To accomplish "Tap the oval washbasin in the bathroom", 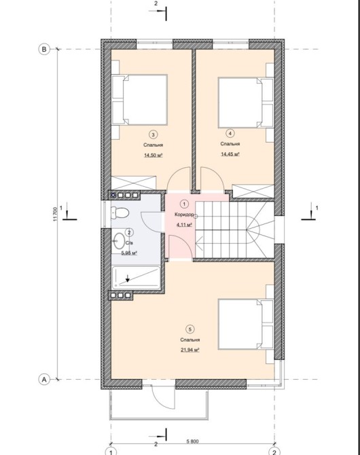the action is pyautogui.click(x=119, y=240).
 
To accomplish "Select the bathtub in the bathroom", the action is pyautogui.click(x=136, y=278).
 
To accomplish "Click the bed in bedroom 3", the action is pyautogui.click(x=140, y=100).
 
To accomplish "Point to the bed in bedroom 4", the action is pyautogui.click(x=246, y=103).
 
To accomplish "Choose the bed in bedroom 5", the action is pyautogui.click(x=246, y=324).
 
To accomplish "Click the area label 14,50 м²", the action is pyautogui.click(x=153, y=156).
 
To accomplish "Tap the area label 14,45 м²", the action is pyautogui.click(x=230, y=154).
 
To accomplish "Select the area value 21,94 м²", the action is pyautogui.click(x=190, y=350).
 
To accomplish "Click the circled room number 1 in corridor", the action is pyautogui.click(x=184, y=204).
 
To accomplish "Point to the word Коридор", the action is pyautogui.click(x=184, y=215).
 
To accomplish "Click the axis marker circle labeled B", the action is pyautogui.click(x=44, y=49).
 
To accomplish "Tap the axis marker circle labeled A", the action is pyautogui.click(x=44, y=379).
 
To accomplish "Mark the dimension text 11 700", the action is pyautogui.click(x=56, y=214).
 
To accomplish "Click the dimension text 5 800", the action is pyautogui.click(x=192, y=441).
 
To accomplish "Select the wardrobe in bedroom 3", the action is pyautogui.click(x=134, y=183).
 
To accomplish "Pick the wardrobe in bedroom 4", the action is pyautogui.click(x=253, y=192).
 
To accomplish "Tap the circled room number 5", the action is pyautogui.click(x=190, y=329).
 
